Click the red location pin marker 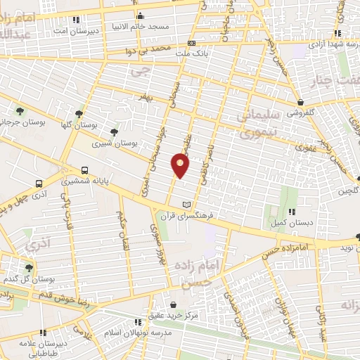[180, 165]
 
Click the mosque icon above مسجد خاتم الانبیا [141, 16]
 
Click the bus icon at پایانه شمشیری [84, 170]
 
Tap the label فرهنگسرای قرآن [185, 216]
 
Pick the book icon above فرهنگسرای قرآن [186, 204]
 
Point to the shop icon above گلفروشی [300, 102]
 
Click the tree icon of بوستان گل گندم [29, 268]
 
